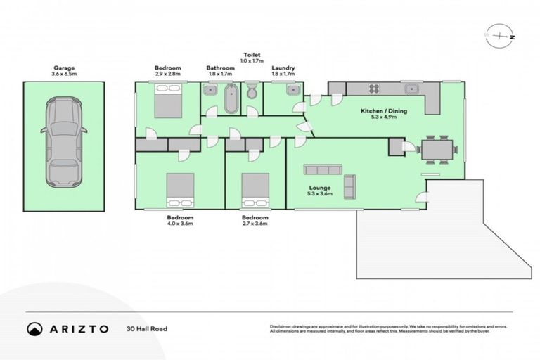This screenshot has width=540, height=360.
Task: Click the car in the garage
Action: coord(64,142)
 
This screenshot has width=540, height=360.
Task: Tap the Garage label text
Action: coord(64,68)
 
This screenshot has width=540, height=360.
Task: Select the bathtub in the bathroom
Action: coord(231,98)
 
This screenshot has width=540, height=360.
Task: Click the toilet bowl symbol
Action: coord(252,92)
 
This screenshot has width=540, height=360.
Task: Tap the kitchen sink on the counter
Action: coord(412,89)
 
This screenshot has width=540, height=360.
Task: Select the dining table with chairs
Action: coord(438,149)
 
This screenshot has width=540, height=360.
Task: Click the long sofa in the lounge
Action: coord(323,169)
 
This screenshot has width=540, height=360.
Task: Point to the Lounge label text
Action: coord(320,188)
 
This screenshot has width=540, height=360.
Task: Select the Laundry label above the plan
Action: coord(283,68)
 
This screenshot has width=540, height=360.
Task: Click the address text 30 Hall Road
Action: coord(147,328)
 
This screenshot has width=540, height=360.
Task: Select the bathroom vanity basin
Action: coord(210,89)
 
